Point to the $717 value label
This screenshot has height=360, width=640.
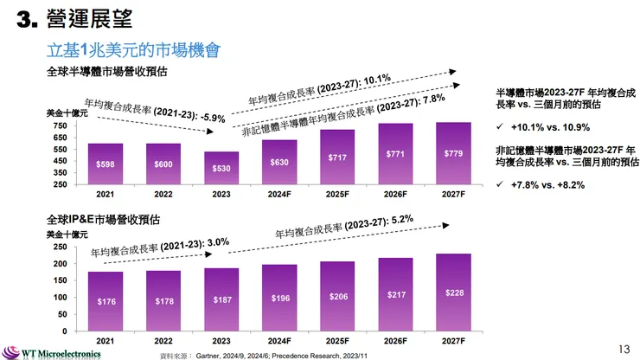click(x=338, y=157)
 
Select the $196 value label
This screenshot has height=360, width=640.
click(x=280, y=299)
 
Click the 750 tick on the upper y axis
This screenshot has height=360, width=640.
click(x=61, y=126)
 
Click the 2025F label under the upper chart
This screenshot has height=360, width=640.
click(x=338, y=195)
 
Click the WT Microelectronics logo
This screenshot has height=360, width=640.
click(x=52, y=352)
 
